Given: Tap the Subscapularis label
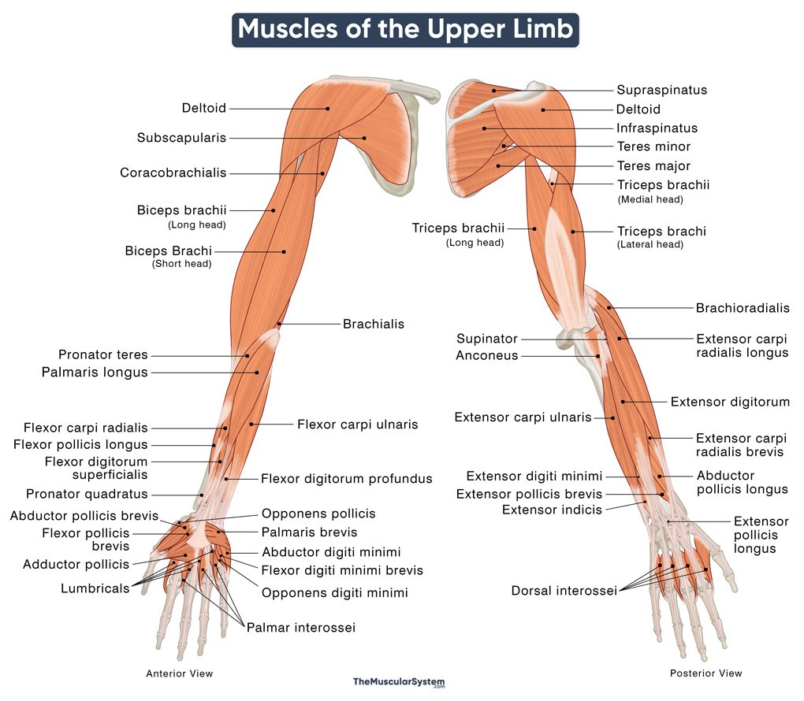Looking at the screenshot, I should point(181,138).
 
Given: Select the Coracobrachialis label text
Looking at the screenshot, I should point(173,172).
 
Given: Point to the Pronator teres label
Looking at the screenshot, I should point(102,355).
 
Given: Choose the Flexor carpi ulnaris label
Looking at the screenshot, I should point(357,425).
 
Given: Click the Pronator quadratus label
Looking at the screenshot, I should point(87,495).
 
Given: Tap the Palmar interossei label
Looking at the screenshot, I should point(300,628).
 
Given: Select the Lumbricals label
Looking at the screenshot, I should point(95,588).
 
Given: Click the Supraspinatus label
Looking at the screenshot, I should point(661,91).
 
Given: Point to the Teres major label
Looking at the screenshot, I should point(653,166).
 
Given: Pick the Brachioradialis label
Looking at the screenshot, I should point(743,308).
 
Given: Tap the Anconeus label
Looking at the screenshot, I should point(486,356).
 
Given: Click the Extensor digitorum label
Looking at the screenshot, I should point(730,402).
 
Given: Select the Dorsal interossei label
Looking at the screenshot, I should point(564,590).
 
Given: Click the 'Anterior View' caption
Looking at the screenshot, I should point(180,673).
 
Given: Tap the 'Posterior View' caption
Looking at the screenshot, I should point(705,673).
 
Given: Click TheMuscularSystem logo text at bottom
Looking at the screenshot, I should point(398,681).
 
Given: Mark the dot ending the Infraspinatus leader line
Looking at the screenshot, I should point(485,128).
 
